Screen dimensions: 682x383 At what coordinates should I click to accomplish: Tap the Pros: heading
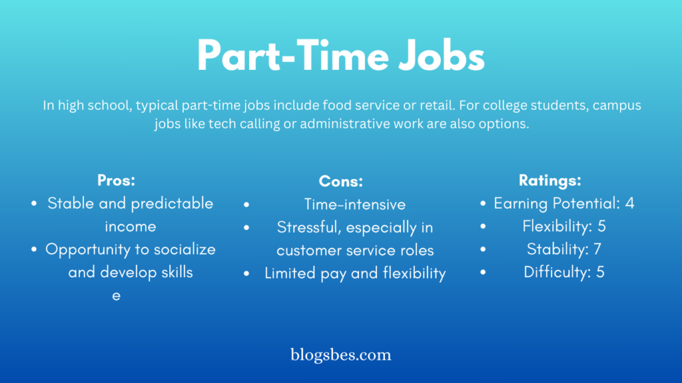click(x=116, y=180)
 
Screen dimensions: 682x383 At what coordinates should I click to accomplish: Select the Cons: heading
click(x=340, y=181)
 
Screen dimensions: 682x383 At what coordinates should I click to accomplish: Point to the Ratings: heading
click(x=549, y=180)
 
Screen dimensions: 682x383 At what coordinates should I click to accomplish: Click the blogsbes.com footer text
click(x=340, y=355)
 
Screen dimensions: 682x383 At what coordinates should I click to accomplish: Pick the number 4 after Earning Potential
click(x=629, y=203)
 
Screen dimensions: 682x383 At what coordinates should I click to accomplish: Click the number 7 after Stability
click(x=597, y=249)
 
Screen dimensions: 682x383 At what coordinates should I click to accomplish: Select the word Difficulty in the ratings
click(x=557, y=272)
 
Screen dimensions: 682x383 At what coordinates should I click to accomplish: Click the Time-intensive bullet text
click(x=355, y=205)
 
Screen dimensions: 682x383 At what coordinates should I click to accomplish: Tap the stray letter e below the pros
click(x=116, y=296)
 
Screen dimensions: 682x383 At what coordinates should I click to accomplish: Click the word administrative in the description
click(x=345, y=124)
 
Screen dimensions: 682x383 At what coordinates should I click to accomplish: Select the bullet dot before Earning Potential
click(x=483, y=203)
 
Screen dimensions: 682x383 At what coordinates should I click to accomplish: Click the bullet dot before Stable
click(x=34, y=203)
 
